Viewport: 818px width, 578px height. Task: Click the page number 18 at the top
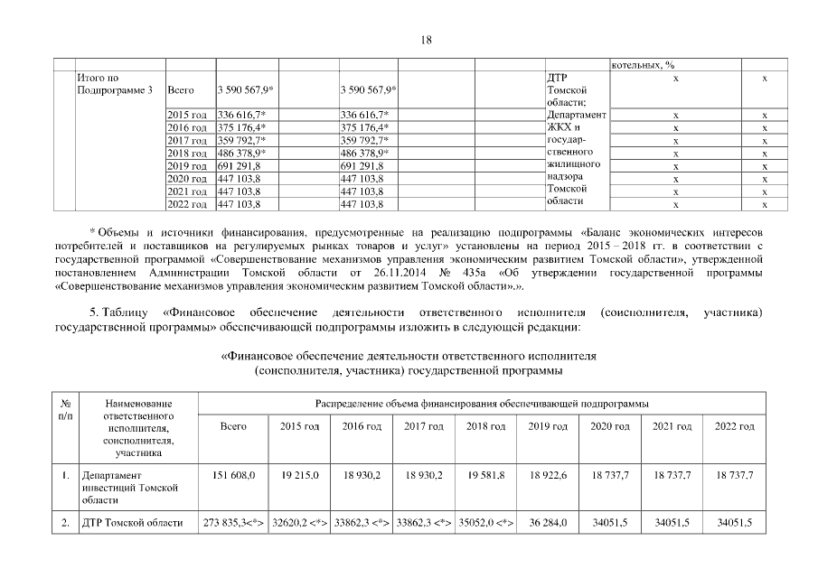(428, 39)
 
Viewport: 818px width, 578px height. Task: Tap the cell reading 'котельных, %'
(644, 65)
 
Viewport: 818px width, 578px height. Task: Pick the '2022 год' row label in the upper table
(187, 205)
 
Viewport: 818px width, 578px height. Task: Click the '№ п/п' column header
(65, 409)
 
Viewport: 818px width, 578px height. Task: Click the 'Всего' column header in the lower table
(233, 426)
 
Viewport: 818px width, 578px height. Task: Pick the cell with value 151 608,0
(233, 474)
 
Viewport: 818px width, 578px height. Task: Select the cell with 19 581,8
(484, 474)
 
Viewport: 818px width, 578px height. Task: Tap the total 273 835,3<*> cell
(233, 523)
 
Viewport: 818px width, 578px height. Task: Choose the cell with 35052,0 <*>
(484, 523)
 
